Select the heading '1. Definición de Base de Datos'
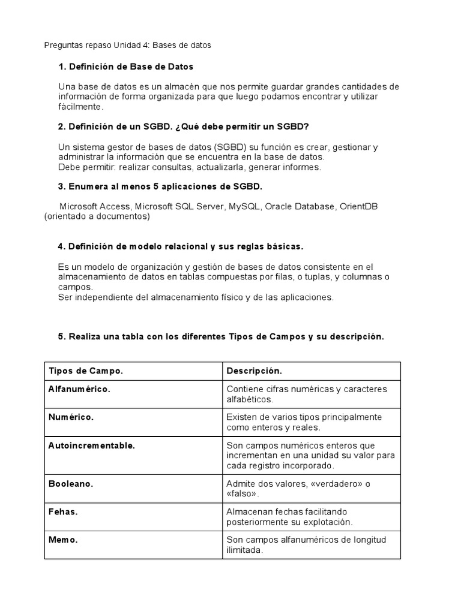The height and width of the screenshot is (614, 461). pos(125,67)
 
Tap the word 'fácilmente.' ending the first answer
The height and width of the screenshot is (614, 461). pos(81,107)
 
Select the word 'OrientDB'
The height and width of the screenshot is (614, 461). pos(358,207)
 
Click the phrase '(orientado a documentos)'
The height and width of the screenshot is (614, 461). pos(97,217)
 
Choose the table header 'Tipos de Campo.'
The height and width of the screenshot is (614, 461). pos(85,371)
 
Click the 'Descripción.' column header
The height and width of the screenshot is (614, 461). pos(254,371)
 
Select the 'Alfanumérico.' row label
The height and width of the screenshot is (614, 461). pos(79,389)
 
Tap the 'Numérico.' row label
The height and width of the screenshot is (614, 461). pos(71,417)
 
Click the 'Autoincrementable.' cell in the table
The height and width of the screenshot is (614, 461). pos(91,446)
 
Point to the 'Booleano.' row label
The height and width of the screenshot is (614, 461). pos(71,483)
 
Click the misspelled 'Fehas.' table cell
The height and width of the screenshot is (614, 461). pos(63,511)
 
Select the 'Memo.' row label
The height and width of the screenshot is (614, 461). pos(63,540)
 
